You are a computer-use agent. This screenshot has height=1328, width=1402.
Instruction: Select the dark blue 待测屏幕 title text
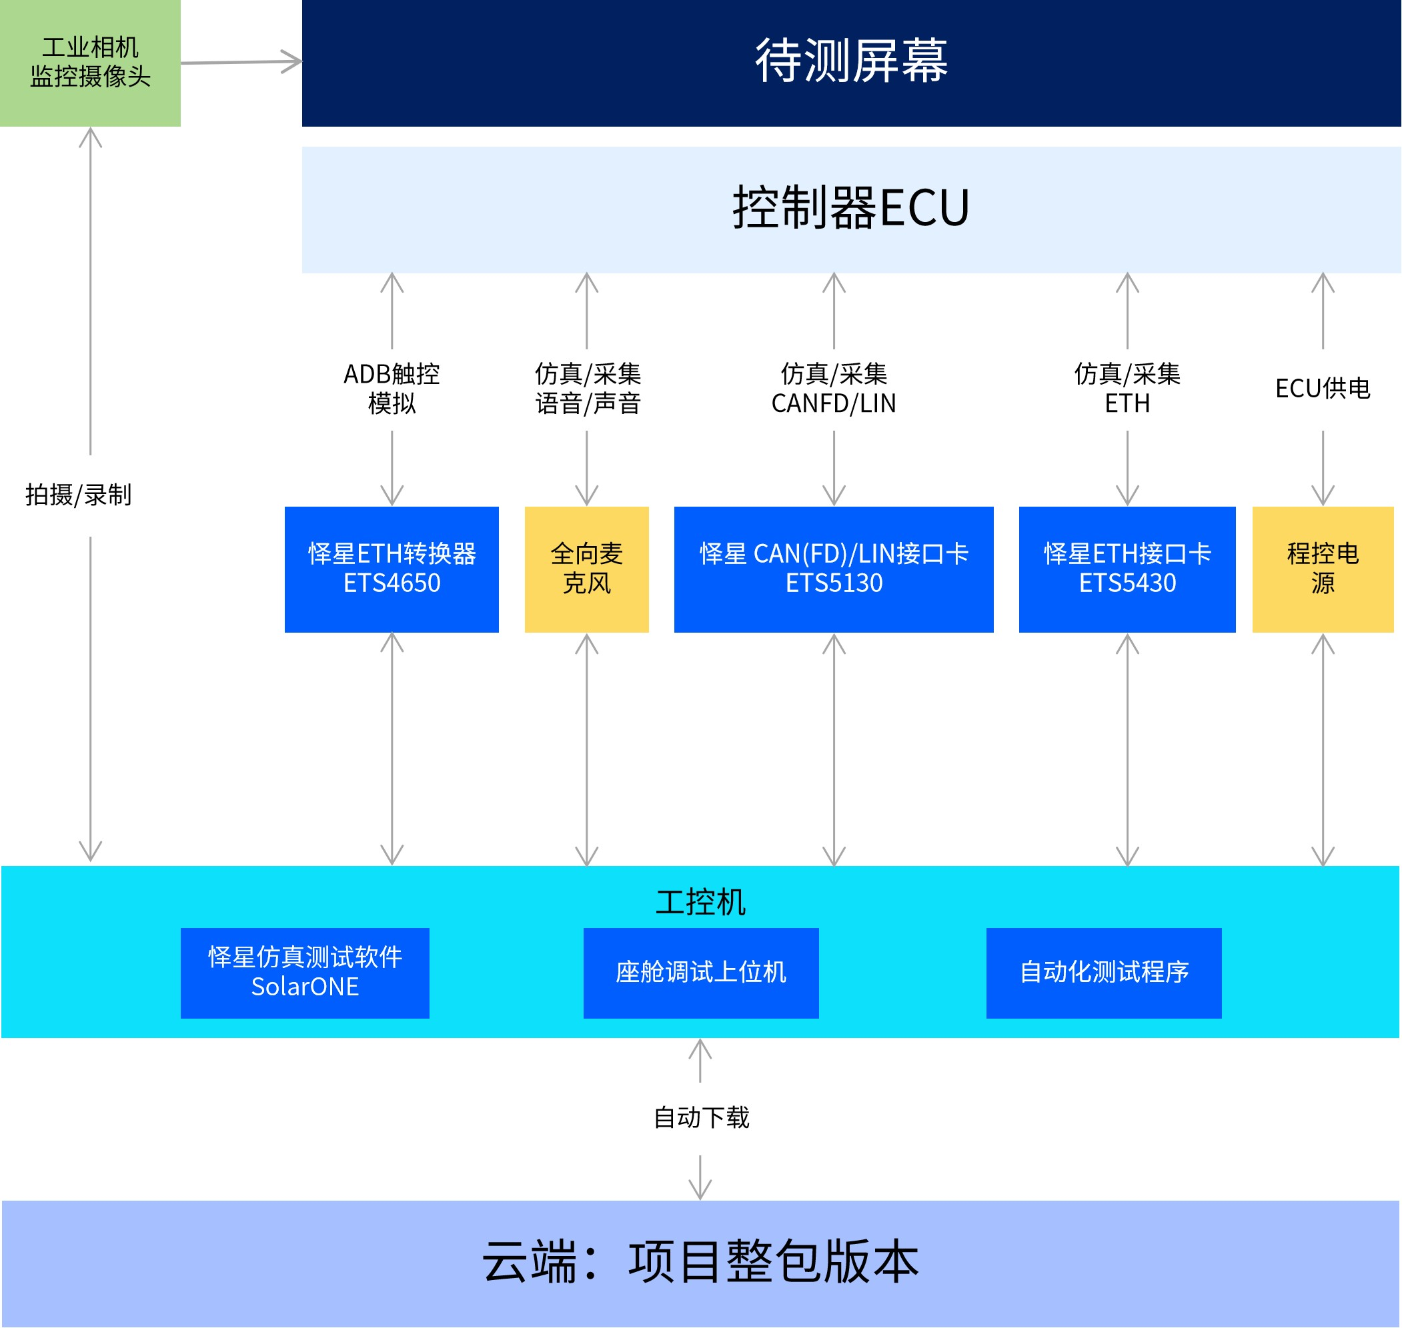coord(851,61)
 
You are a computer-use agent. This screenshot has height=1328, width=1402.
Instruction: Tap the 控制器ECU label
coord(851,208)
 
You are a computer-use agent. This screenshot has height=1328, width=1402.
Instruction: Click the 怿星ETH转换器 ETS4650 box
coord(392,569)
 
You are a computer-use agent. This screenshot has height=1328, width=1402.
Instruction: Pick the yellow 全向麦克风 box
coord(586,569)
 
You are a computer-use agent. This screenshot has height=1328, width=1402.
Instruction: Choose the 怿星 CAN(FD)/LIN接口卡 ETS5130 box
coord(834,569)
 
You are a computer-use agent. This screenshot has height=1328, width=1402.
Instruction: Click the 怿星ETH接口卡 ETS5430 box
coord(1127,569)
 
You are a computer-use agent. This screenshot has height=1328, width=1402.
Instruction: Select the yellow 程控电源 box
coord(1322,569)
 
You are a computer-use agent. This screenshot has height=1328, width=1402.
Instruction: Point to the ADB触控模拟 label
coord(392,389)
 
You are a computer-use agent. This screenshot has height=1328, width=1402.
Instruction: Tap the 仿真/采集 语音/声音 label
coord(587,389)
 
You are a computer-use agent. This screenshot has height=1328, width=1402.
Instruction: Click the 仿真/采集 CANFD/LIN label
coord(834,389)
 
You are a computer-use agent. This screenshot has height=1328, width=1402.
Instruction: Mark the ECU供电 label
coord(1322,389)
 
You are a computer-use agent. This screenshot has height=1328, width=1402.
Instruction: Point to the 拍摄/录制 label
coord(79,495)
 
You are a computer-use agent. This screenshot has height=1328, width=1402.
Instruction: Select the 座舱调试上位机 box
coord(700,973)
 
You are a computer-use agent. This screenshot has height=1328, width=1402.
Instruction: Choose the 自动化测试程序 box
coord(1103,973)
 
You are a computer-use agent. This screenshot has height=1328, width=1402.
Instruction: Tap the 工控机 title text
coord(700,903)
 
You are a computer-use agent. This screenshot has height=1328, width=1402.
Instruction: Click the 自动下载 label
coord(700,1118)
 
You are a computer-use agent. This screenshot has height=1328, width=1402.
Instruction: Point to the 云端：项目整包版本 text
coord(700,1262)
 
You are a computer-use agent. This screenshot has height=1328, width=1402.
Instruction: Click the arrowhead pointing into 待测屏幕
coord(293,61)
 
